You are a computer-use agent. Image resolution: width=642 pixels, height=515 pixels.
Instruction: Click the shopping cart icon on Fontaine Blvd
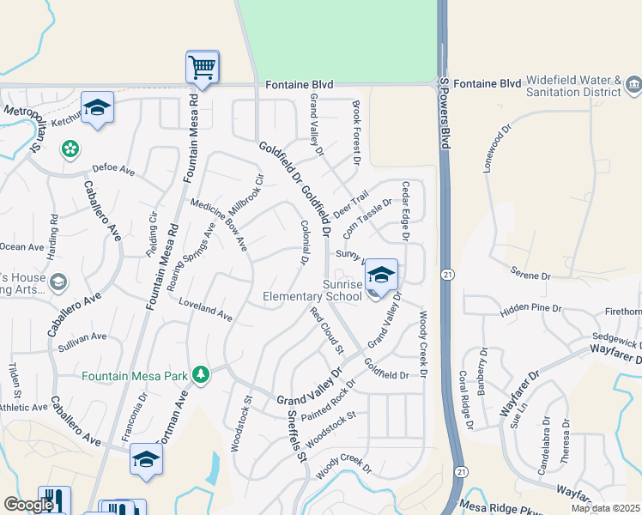coord(203,66)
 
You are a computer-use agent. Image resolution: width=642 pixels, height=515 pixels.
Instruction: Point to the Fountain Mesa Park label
coord(136,376)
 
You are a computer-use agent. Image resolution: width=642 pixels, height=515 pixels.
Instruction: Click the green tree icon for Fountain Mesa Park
coord(201,374)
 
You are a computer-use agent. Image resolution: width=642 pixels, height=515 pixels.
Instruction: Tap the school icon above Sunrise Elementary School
coord(381,275)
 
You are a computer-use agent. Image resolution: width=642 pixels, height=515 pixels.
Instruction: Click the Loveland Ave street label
coord(206,310)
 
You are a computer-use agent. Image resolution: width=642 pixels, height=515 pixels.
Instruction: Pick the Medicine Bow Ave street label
coord(219,226)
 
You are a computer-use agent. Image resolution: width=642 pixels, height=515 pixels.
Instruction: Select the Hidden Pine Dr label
coord(530,307)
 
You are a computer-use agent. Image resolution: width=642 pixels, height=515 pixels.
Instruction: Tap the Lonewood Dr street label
coord(497,151)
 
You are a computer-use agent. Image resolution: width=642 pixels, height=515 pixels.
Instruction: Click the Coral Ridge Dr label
coord(465,399)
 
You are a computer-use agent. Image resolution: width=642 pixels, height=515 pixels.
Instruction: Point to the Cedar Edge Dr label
coord(405,209)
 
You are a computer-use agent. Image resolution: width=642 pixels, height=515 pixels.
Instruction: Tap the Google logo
coord(28,505)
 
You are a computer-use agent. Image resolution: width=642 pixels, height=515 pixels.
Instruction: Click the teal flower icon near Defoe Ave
coord(70,149)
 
